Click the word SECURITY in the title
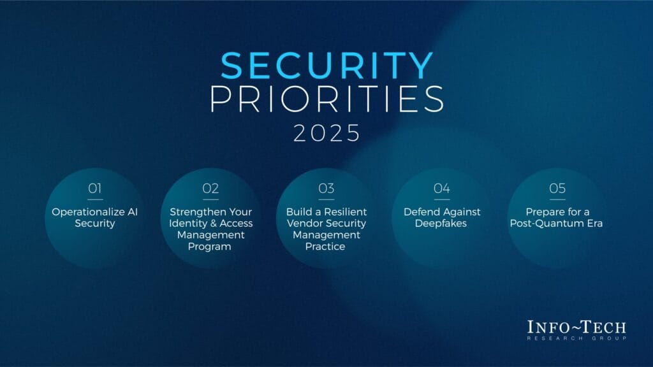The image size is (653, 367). coord(327,66)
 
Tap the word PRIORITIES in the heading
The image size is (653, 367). coord(327,99)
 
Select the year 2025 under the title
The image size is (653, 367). coord(327,133)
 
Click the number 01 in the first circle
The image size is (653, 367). coord(95,189)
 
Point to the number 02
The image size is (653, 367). coord(210,189)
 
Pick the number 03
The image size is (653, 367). coord(326,189)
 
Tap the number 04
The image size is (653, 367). coord(442,189)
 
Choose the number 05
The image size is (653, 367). coord(557,189)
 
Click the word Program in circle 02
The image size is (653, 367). coord(209,247)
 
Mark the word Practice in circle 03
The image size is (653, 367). coord(325,247)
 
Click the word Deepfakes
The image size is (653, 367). coord(441,224)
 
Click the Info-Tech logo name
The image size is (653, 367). coord(576,327)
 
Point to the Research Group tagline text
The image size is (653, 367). coord(576,338)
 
